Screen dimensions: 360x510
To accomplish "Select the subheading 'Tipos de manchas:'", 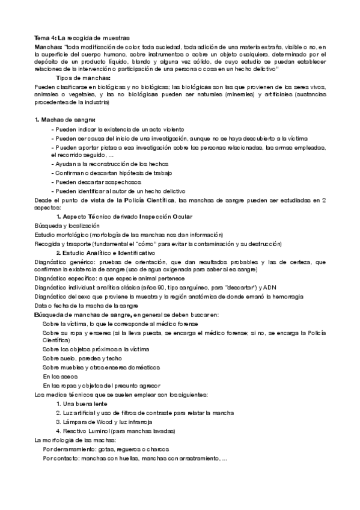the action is (84, 78).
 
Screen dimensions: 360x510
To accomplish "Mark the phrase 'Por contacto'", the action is (61, 458).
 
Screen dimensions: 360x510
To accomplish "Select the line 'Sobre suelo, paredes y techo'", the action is (82, 358).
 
